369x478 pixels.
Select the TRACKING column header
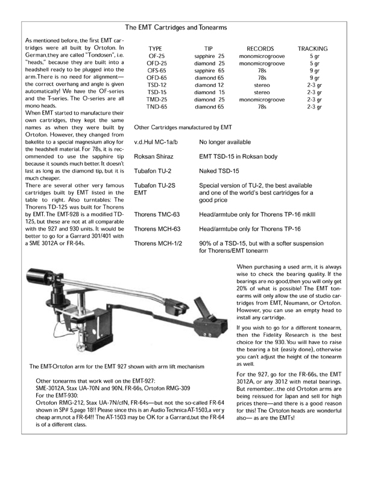coord(313,48)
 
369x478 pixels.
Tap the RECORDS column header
coord(260,48)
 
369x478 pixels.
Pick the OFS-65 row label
coord(157,71)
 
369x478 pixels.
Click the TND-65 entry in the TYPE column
coord(157,107)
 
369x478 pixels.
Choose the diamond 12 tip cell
coord(209,85)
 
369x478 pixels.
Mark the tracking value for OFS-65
coord(314,71)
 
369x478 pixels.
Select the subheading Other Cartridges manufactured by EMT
coord(183,127)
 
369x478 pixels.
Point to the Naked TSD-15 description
coord(224,171)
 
